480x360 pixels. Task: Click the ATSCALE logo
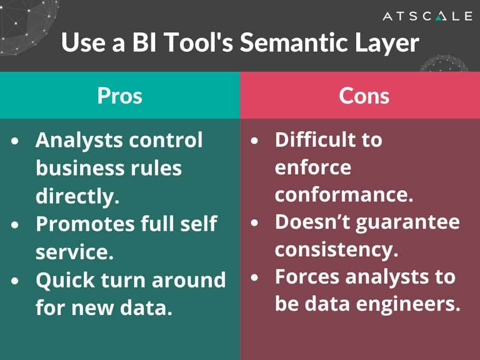click(427, 16)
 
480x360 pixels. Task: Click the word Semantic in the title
click(291, 44)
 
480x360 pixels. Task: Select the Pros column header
click(120, 96)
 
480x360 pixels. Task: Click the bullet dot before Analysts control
click(16, 141)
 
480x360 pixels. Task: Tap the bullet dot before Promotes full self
click(16, 225)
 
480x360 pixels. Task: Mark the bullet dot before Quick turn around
click(16, 280)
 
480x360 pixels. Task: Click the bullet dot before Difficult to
click(255, 141)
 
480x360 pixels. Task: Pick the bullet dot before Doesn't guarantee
click(255, 222)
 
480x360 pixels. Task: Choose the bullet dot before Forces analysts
click(255, 277)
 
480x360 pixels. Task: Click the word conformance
click(344, 195)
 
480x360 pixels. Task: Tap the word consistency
click(336, 249)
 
